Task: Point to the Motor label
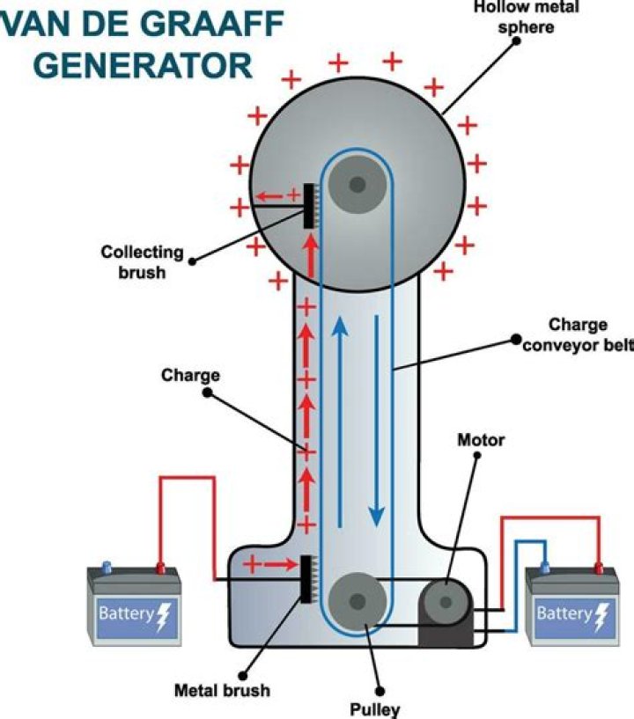click(x=481, y=439)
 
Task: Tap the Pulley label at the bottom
click(x=380, y=708)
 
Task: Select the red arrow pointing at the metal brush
click(x=276, y=562)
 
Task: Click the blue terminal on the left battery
click(x=107, y=566)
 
